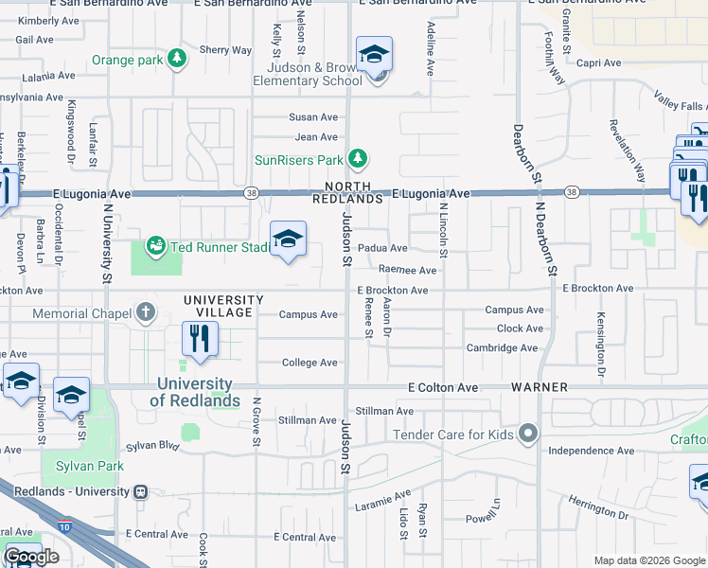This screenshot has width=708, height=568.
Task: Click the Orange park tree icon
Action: tap(176, 60)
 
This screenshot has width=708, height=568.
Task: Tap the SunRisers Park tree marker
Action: tap(357, 158)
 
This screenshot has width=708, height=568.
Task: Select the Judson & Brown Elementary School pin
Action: tap(375, 55)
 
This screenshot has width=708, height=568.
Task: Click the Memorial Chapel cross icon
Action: tap(145, 311)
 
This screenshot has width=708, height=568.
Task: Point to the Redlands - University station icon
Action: tap(141, 491)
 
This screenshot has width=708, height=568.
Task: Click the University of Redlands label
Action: tap(194, 392)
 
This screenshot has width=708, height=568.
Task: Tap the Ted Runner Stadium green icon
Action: tap(154, 246)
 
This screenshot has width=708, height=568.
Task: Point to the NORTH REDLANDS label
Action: tap(347, 193)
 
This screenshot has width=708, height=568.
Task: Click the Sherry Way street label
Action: tap(225, 50)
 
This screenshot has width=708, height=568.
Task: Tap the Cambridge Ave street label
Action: tap(502, 347)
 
